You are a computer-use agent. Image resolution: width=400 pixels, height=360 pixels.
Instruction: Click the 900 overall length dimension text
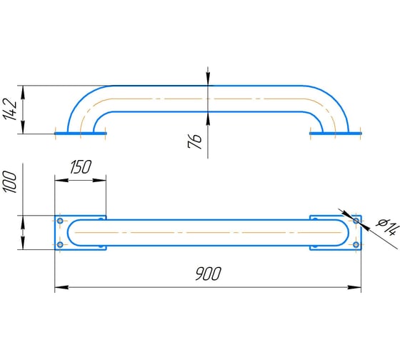(208, 274)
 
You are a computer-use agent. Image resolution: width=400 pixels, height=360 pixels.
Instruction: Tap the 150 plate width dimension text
(81, 167)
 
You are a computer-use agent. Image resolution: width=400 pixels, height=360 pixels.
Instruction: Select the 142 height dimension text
(10, 109)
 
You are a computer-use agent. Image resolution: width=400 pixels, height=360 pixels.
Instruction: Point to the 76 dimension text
(194, 141)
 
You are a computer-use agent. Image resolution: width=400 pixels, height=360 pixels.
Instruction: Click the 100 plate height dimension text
(9, 182)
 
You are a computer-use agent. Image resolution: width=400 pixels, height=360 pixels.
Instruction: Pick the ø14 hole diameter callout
(387, 227)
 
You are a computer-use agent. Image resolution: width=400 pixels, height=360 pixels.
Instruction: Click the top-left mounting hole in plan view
(60, 221)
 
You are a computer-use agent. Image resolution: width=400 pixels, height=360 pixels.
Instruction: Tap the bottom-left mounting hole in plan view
(60, 245)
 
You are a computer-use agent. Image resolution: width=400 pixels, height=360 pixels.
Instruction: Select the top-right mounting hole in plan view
(356, 221)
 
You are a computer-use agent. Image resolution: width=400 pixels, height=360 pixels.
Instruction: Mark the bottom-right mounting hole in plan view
(356, 245)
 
